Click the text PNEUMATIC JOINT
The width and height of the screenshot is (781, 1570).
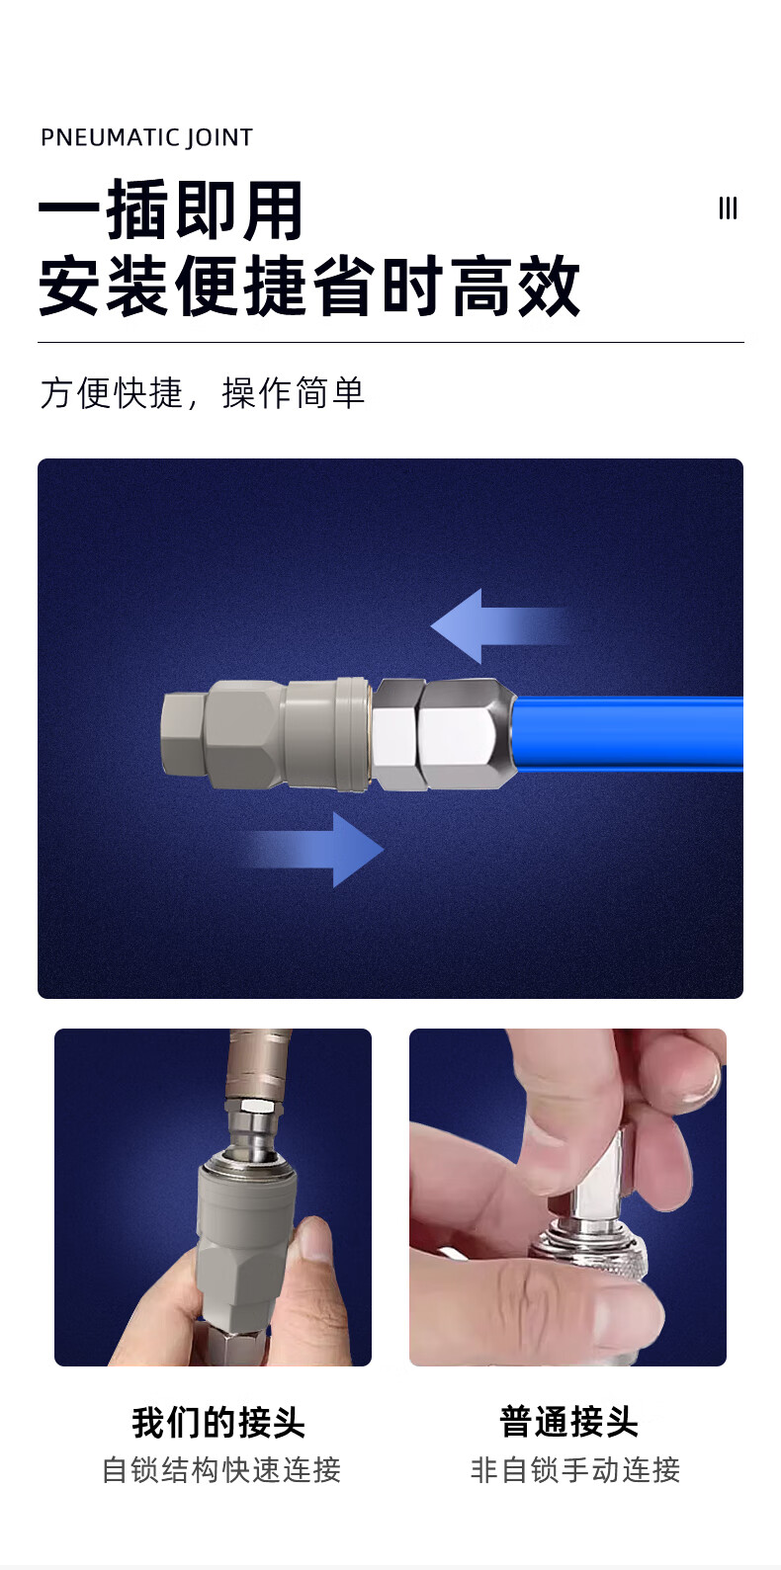pyautogui.click(x=146, y=137)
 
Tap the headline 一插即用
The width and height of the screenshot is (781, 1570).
pyautogui.click(x=170, y=209)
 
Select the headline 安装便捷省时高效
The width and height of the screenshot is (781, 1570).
pyautogui.click(x=309, y=286)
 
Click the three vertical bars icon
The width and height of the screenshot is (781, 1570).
pyautogui.click(x=728, y=208)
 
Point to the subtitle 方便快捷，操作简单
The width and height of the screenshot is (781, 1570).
pyautogui.click(x=203, y=392)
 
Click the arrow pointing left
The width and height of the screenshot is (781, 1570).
pyautogui.click(x=499, y=625)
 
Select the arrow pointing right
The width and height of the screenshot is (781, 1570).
pyautogui.click(x=312, y=850)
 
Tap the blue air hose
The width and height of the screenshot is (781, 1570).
pyautogui.click(x=628, y=732)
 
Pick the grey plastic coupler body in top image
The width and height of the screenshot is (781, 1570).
pyautogui.click(x=266, y=734)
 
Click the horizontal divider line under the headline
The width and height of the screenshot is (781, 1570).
pyautogui.click(x=390, y=343)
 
